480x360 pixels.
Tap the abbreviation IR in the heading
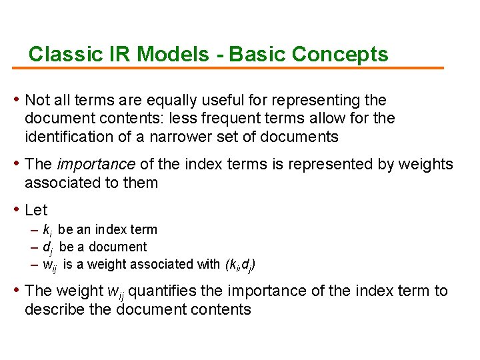pos(117,54)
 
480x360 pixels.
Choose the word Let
pos(36,210)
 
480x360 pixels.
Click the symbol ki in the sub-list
pos(47,231)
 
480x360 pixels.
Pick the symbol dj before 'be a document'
pos(47,248)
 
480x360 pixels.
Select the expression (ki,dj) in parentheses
pos(239,265)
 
